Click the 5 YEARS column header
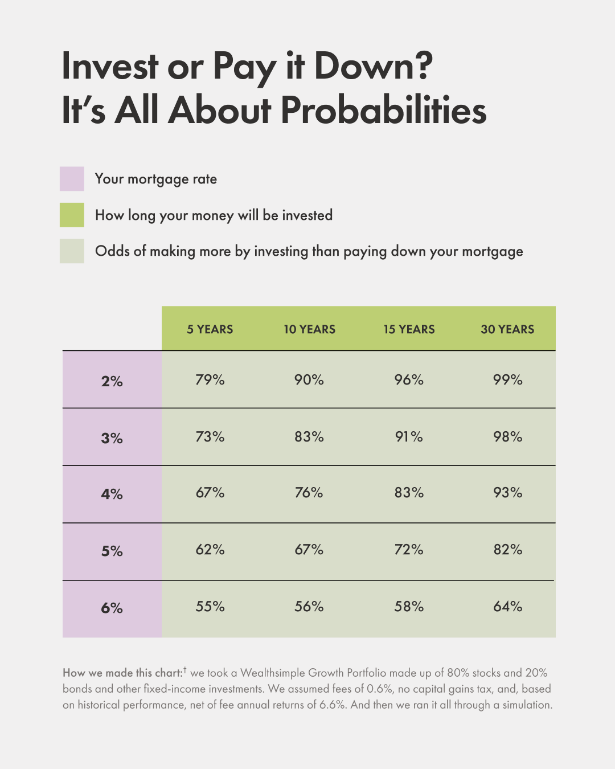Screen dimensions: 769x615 pyautogui.click(x=210, y=329)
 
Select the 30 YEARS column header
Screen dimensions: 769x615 pyautogui.click(x=507, y=329)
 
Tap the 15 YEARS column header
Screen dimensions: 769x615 pyautogui.click(x=409, y=329)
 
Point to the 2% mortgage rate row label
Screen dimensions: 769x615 pyautogui.click(x=112, y=381)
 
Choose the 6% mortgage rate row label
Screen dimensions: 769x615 pyautogui.click(x=112, y=608)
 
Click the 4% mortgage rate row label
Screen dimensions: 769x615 pyautogui.click(x=112, y=494)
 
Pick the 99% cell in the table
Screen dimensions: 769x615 pyautogui.click(x=507, y=380)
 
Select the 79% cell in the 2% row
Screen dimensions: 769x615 pyautogui.click(x=210, y=380)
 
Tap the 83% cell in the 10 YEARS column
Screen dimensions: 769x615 pyautogui.click(x=309, y=437)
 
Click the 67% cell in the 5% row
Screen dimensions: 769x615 pyautogui.click(x=309, y=550)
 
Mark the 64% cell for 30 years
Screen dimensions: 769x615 pyautogui.click(x=507, y=607)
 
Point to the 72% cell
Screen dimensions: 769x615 pyautogui.click(x=409, y=550)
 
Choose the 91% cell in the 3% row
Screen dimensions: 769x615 pyautogui.click(x=409, y=437)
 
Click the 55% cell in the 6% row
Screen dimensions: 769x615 pyautogui.click(x=210, y=607)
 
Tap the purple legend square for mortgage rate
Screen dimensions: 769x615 pyautogui.click(x=72, y=179)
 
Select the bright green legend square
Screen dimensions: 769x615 pyautogui.click(x=72, y=215)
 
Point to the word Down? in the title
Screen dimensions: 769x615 pyautogui.click(x=373, y=66)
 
